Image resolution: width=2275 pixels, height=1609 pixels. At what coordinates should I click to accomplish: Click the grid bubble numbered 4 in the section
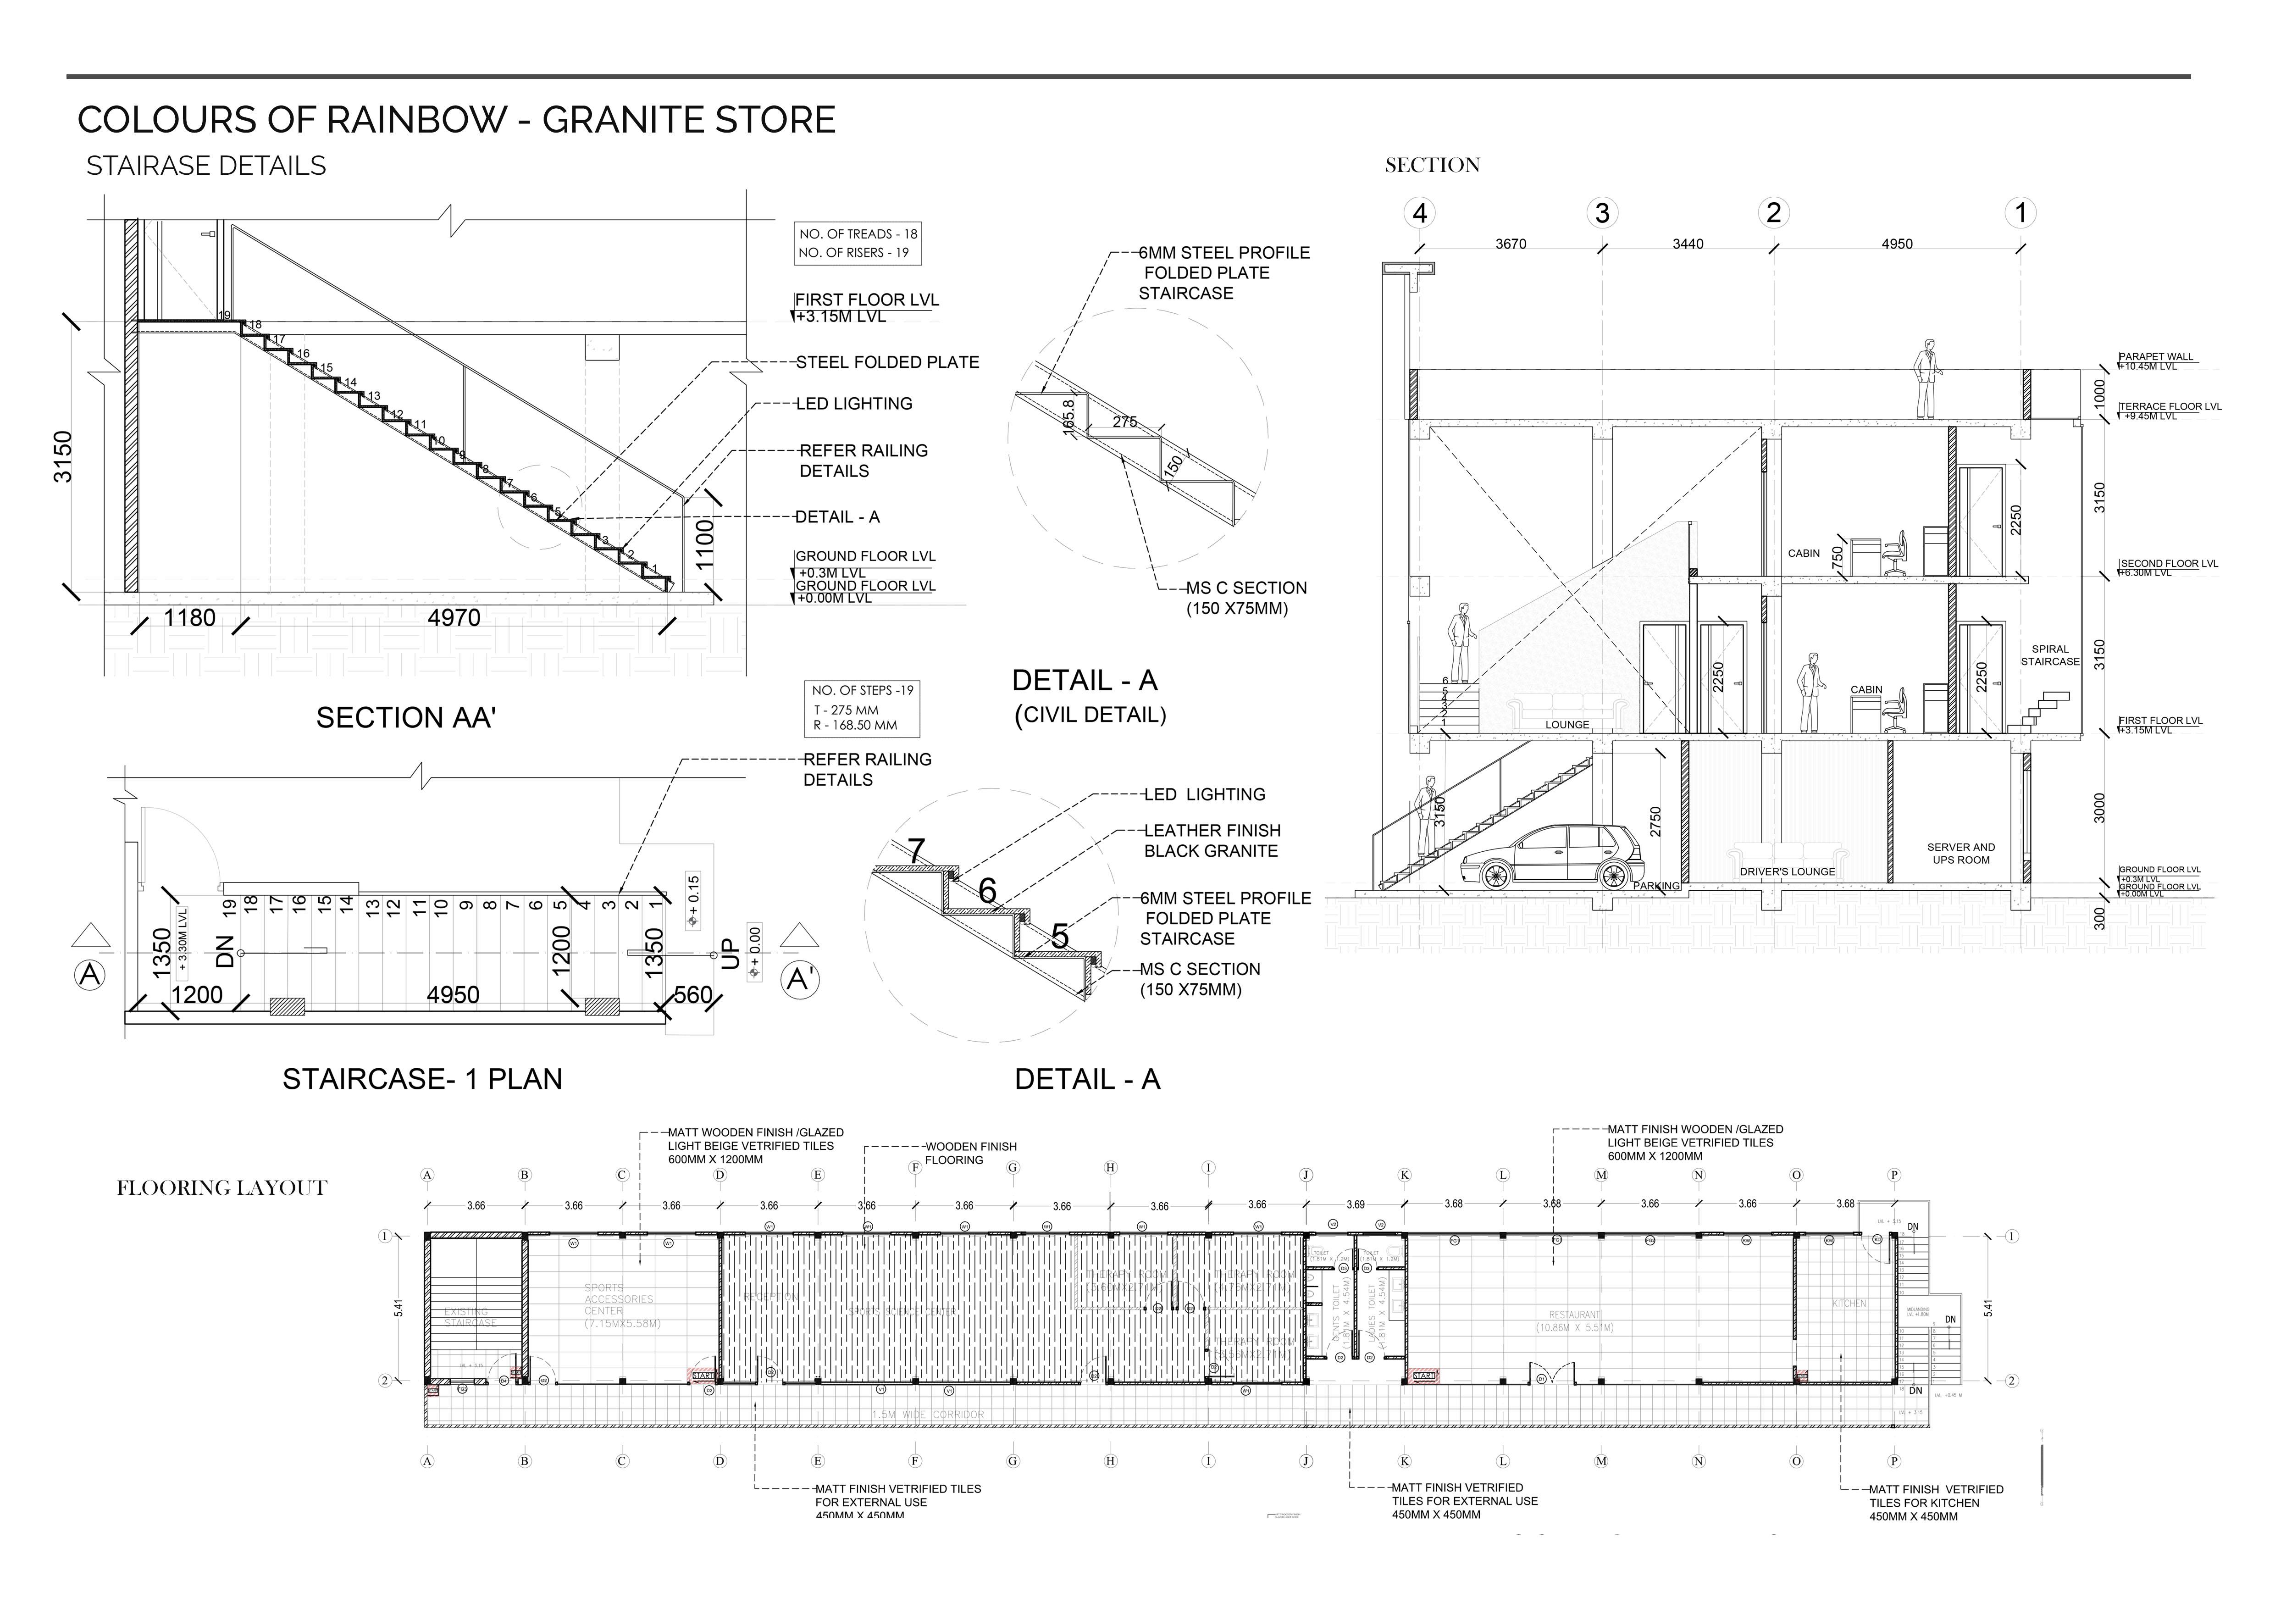pyautogui.click(x=1421, y=213)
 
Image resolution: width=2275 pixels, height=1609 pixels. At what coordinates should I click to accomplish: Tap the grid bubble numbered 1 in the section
pyautogui.click(x=2020, y=213)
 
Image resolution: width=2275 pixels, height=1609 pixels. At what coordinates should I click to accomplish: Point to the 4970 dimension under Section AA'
pyautogui.click(x=454, y=618)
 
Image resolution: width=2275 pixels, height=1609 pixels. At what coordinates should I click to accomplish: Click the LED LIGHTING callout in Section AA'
pyautogui.click(x=854, y=404)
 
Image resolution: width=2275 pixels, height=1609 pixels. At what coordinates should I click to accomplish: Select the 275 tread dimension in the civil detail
pyautogui.click(x=1124, y=422)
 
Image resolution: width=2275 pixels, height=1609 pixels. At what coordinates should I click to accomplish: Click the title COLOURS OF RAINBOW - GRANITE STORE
pyautogui.click(x=456, y=120)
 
